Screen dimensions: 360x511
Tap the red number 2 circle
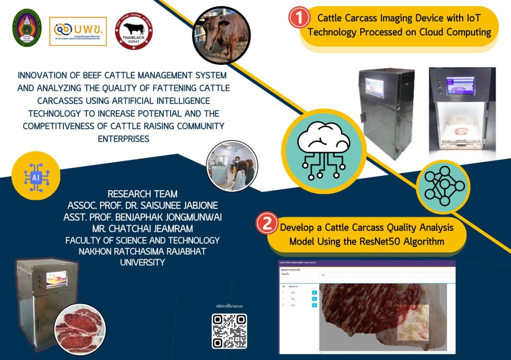pyautogui.click(x=266, y=223)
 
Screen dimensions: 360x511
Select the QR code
pyautogui.click(x=230, y=331)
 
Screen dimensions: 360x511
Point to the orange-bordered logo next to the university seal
pyautogui.click(x=78, y=31)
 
